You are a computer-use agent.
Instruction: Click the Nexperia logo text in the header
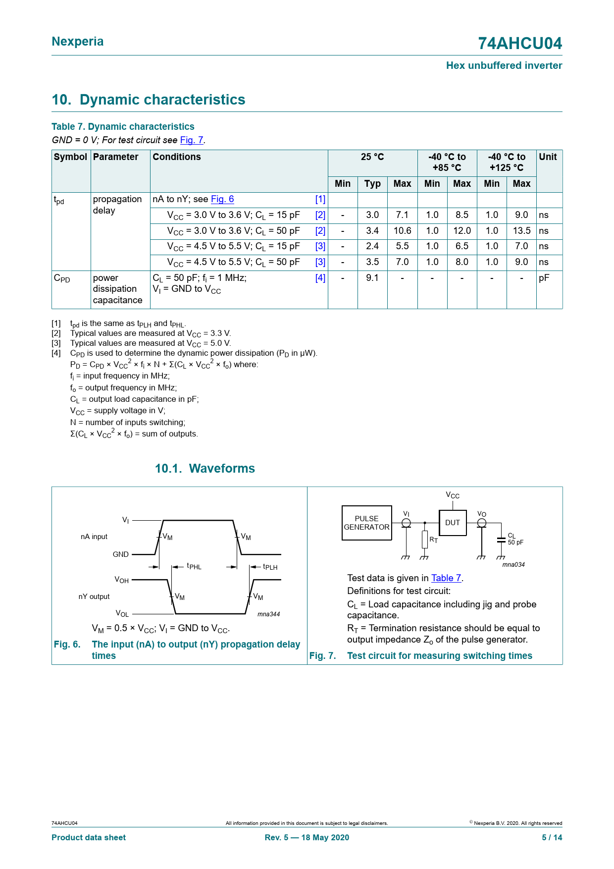78,42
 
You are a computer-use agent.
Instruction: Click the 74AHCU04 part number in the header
520,44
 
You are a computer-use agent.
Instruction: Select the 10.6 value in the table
402,231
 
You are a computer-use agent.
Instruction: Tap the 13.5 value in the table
521,231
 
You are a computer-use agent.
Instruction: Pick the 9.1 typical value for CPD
372,278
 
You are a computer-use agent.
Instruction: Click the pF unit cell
544,278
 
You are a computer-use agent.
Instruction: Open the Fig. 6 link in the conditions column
222,199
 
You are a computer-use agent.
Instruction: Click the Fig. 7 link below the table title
192,140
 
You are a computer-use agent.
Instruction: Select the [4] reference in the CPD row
320,278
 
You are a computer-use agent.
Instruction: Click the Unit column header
548,157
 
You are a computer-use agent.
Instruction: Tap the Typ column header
372,184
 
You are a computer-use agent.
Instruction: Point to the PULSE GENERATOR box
366,523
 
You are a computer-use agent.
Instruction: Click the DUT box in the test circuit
453,523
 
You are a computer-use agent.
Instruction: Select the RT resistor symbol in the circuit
425,540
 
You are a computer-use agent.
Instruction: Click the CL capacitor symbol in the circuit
501,540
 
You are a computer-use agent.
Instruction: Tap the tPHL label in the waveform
194,566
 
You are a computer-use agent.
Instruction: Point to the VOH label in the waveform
122,580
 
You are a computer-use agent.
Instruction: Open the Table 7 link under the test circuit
446,578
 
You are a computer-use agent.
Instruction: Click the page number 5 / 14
552,838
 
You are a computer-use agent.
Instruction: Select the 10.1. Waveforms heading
205,469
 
